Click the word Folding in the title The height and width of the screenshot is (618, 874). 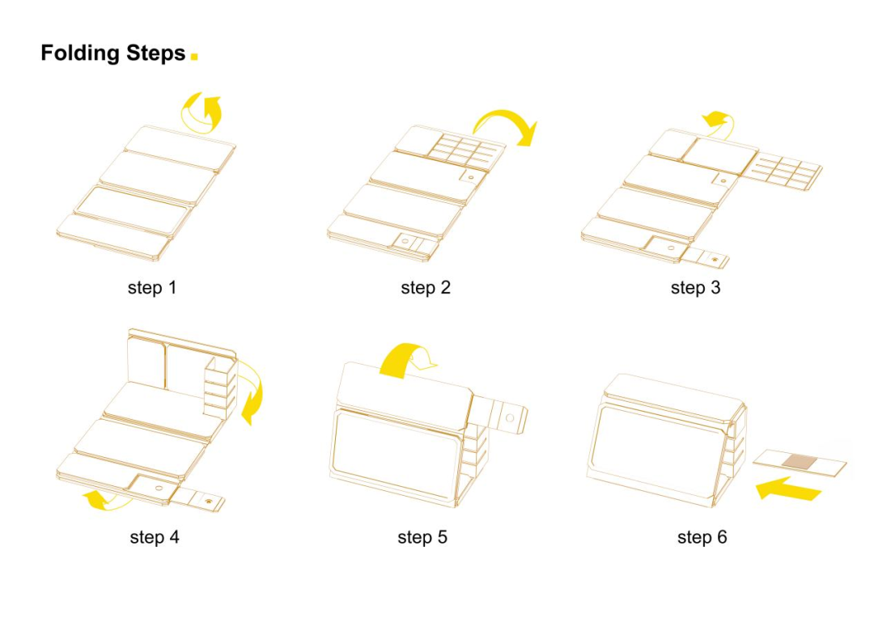(x=79, y=54)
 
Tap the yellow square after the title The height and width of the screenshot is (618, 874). (x=194, y=56)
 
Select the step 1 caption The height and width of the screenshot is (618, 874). (x=151, y=287)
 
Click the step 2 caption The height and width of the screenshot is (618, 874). (x=425, y=287)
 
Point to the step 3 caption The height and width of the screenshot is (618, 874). (x=695, y=287)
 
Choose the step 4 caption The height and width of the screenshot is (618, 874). (x=154, y=537)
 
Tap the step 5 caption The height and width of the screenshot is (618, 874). (x=422, y=537)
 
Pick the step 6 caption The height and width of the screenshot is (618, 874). (x=702, y=537)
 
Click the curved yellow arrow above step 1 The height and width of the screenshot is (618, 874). (x=202, y=111)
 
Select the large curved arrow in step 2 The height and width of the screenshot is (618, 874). (x=506, y=125)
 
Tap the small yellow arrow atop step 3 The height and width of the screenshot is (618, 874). (x=717, y=121)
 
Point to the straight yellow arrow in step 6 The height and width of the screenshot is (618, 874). (x=789, y=488)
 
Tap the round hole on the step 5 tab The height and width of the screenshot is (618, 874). (x=509, y=418)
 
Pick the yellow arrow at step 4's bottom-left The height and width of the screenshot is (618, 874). (x=105, y=500)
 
